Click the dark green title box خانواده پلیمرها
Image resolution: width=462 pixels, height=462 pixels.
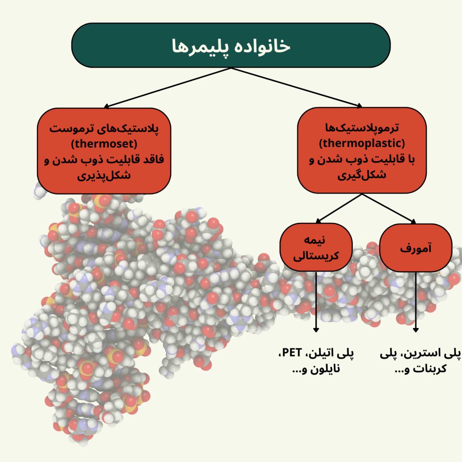pos(231,45)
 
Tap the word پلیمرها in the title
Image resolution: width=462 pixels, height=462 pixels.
pos(199,46)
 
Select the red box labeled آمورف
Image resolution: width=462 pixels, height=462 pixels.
pos(416,249)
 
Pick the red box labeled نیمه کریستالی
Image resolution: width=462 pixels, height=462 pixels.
pos(316,248)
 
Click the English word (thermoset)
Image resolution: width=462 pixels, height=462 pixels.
pos(104,144)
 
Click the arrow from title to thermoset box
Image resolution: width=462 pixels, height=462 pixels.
pos(167,88)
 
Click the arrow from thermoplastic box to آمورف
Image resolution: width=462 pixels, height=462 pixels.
pos(389,208)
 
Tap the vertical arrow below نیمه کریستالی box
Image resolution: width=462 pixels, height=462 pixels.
pos(316,302)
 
